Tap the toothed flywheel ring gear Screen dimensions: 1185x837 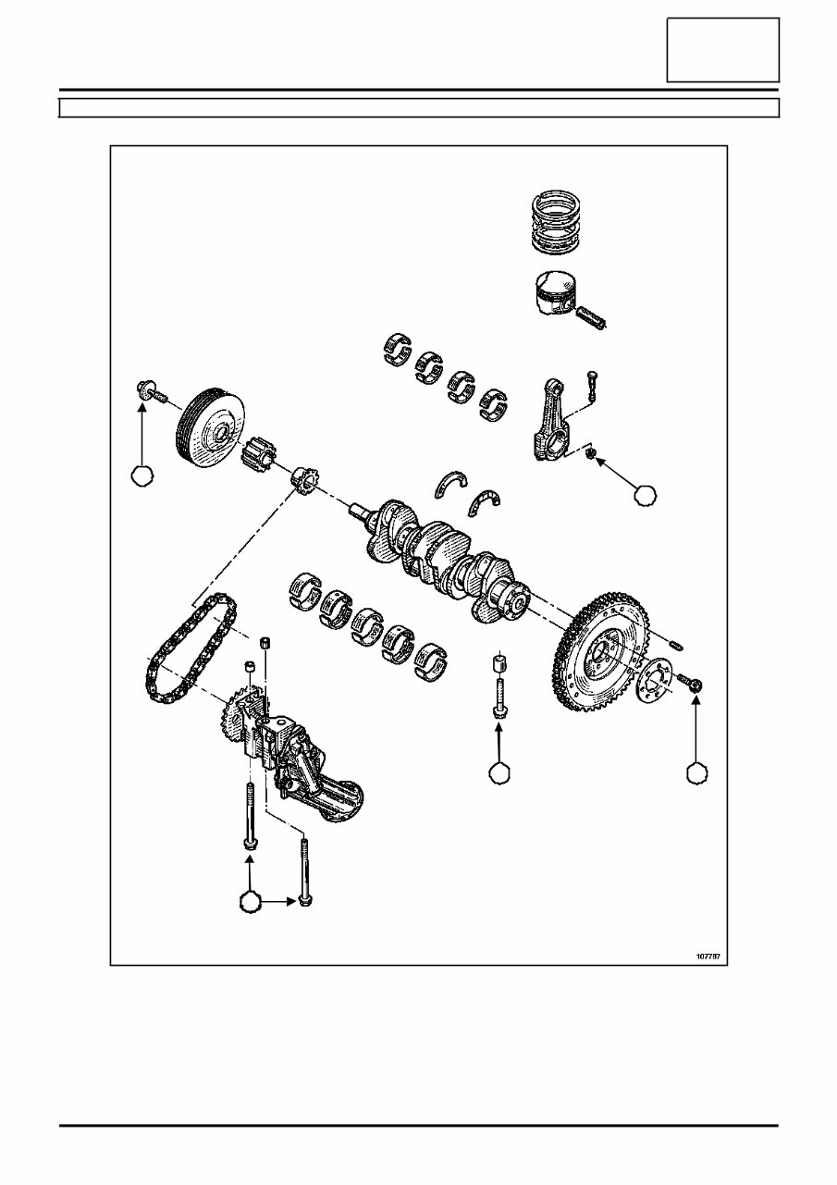(x=592, y=660)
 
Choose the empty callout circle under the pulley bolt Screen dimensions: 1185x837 (x=142, y=475)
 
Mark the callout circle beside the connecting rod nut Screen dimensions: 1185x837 (x=646, y=495)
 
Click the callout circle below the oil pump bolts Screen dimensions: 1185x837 (x=249, y=901)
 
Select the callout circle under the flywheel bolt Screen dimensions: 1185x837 (x=697, y=772)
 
